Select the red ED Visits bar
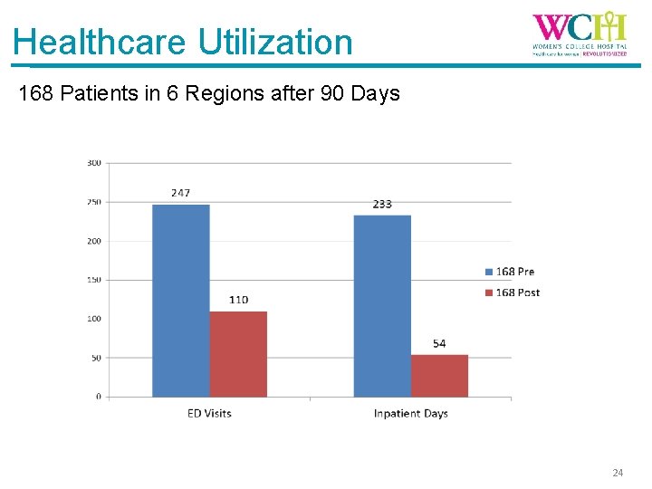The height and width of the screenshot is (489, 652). (238, 354)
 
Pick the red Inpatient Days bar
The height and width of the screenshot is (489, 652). (439, 376)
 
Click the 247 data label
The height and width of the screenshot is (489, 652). (180, 193)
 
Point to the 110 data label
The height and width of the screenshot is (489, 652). (238, 300)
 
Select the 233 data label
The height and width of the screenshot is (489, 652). (382, 204)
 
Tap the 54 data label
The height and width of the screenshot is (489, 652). (439, 343)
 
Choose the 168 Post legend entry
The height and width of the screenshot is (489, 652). (515, 292)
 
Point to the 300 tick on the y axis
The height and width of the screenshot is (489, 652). (93, 163)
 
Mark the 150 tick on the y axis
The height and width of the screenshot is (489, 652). (93, 280)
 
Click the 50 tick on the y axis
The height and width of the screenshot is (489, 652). (95, 358)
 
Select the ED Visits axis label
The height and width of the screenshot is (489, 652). (209, 414)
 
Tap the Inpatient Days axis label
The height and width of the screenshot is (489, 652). (410, 414)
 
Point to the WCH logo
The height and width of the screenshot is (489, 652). (579, 34)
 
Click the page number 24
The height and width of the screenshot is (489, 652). (618, 473)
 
